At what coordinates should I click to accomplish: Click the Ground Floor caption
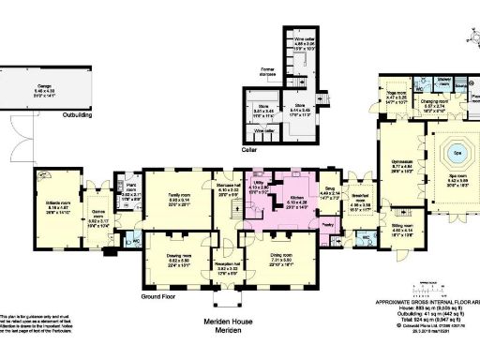pos(161,297)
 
